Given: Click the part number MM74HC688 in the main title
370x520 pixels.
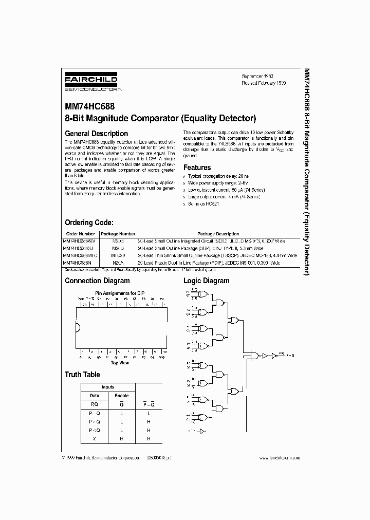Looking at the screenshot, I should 89,108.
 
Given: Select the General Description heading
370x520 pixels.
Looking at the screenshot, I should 96,134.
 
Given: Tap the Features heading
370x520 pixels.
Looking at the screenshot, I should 197,168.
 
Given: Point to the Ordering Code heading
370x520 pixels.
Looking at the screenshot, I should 89,222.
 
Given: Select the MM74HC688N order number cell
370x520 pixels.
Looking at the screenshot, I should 78,263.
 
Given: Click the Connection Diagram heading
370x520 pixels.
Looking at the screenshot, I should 97,281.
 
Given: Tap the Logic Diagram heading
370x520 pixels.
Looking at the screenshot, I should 207,281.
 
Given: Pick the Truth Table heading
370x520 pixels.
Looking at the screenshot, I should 82,375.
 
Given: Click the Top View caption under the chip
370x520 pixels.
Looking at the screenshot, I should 120,362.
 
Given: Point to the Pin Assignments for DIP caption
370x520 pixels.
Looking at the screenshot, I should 120,293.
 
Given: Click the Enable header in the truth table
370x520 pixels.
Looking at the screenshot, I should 122,396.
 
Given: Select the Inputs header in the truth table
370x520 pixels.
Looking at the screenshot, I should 108,387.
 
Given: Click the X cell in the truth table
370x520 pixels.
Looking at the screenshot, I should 94,439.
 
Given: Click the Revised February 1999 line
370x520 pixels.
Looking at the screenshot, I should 264,82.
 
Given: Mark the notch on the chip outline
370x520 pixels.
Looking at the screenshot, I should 78,328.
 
